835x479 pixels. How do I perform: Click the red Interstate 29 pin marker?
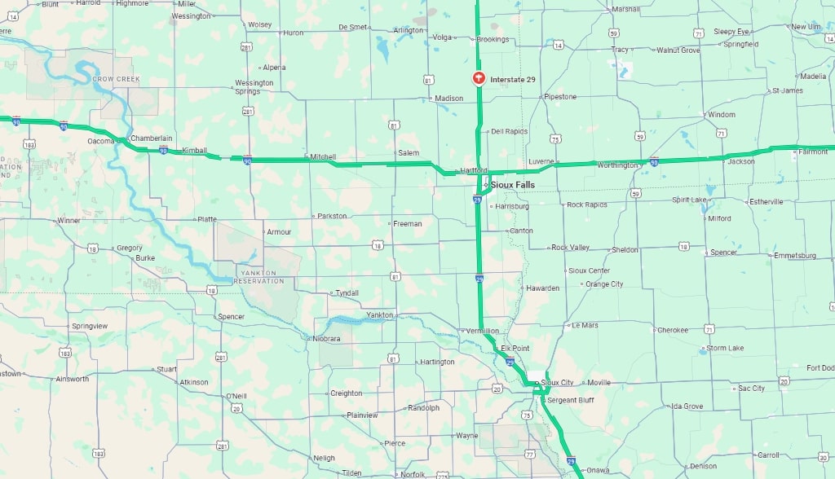[x=479, y=78]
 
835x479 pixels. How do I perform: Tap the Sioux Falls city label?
[x=513, y=185]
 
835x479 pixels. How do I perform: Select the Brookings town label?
[x=493, y=39]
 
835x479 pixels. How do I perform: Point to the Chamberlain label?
[x=151, y=138]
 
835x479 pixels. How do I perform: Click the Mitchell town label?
[x=323, y=156]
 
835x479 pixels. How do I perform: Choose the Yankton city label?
[x=380, y=314]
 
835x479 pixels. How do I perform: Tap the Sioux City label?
[x=557, y=382]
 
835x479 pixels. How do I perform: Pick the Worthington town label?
[x=617, y=165]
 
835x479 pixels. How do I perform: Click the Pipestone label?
[x=560, y=97]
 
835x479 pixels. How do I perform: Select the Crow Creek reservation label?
[x=116, y=79]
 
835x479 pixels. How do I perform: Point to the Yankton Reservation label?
[x=259, y=277]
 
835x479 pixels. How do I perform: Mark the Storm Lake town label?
[x=725, y=348]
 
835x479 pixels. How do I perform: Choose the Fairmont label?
[x=813, y=152]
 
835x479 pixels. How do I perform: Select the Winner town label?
[x=68, y=221]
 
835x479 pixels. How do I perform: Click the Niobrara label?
[x=330, y=338]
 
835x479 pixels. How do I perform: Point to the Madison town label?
[x=448, y=99]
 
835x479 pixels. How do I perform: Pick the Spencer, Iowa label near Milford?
[x=723, y=253]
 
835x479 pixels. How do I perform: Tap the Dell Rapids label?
[x=509, y=131]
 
